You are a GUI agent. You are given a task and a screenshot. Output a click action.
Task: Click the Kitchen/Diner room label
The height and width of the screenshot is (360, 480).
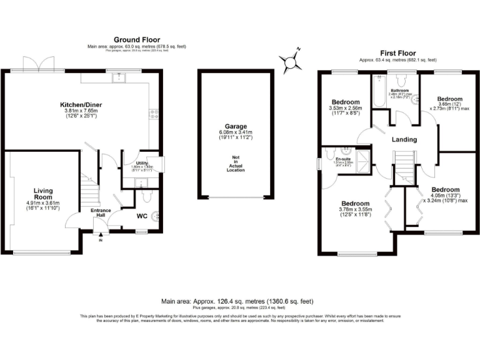pos(81,104)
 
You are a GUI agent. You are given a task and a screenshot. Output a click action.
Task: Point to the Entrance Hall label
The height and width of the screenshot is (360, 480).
pos(101,213)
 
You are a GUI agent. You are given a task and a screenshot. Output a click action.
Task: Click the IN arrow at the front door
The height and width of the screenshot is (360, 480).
pos(100,237)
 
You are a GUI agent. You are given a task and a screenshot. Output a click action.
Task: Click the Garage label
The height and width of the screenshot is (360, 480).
pos(236,126)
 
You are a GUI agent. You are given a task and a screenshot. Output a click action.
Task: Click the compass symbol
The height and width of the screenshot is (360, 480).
pos(290,62)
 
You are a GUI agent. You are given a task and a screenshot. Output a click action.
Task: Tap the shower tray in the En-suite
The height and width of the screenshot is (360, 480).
pos(363,156)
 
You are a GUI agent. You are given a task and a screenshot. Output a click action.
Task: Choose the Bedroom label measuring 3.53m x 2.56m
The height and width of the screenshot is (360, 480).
pos(345,102)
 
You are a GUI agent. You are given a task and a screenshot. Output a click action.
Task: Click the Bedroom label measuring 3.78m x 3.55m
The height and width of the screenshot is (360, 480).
pos(354,204)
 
